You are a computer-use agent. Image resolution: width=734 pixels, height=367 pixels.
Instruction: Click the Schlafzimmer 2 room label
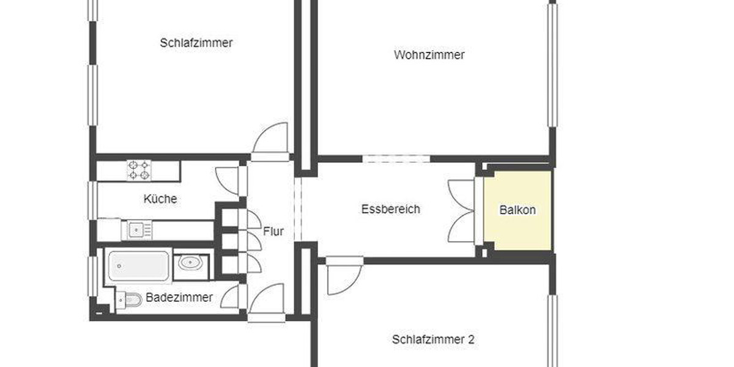coord(433,339)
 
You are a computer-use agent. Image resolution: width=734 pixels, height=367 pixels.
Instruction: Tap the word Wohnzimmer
coord(429,55)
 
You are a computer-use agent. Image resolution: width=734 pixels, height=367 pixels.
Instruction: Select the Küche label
coord(160,199)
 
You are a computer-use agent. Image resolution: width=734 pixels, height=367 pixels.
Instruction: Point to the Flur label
coord(273,232)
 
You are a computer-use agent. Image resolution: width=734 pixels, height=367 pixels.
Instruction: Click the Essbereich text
coord(390,209)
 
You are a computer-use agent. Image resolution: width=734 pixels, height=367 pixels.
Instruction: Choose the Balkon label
coord(517,210)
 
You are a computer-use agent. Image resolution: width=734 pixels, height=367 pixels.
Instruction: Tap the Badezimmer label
coord(179,298)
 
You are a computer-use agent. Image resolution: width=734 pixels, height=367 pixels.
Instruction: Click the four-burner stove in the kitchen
coord(139,170)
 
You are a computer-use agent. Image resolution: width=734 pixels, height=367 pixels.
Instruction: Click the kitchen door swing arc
coord(228,179)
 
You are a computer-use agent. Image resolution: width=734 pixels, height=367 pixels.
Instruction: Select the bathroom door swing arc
coord(230,297)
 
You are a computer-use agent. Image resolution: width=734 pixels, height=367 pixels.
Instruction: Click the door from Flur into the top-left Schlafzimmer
coord(270,139)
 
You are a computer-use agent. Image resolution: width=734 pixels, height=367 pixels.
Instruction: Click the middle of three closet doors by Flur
coord(253,240)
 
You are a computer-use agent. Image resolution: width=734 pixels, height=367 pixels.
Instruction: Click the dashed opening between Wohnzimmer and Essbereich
coord(396,159)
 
